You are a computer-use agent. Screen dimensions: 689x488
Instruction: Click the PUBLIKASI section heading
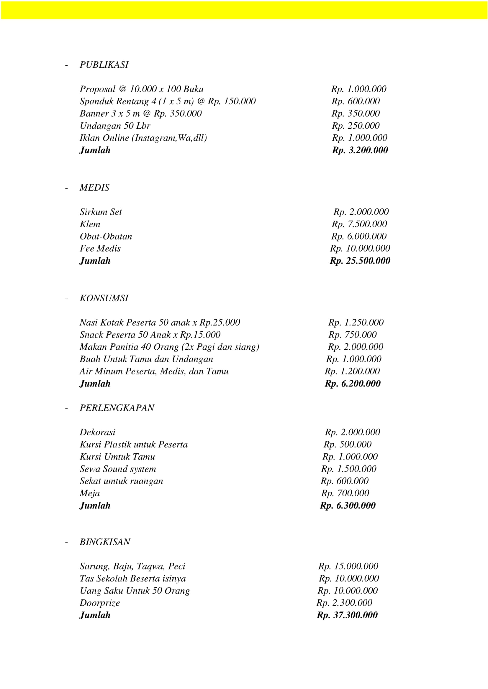click(x=104, y=65)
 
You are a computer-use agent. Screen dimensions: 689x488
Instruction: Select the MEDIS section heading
click(x=94, y=188)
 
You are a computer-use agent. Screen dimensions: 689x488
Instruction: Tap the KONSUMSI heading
click(x=104, y=298)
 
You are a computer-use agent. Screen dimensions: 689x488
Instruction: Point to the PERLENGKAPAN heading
click(x=117, y=408)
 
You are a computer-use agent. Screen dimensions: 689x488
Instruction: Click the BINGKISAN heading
click(x=105, y=542)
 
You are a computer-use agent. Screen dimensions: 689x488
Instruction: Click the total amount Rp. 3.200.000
click(x=360, y=150)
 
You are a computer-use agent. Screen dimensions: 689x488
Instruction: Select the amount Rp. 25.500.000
click(x=360, y=261)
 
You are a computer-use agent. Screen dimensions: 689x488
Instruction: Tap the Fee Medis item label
click(x=100, y=249)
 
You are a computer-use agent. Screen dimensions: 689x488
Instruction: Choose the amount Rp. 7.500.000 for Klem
click(x=359, y=224)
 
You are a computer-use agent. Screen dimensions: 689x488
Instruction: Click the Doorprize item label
click(x=100, y=603)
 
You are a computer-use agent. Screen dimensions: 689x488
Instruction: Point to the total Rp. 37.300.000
click(x=347, y=615)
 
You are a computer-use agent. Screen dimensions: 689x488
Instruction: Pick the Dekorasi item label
click(x=97, y=432)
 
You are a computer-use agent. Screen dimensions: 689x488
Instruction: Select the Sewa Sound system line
click(x=118, y=469)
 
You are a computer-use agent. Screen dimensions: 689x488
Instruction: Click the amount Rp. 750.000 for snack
click(x=353, y=335)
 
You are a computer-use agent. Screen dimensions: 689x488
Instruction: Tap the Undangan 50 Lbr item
click(x=115, y=126)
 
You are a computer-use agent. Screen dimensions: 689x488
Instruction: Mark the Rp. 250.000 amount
click(x=356, y=126)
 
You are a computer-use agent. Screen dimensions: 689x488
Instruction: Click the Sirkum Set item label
click(x=101, y=212)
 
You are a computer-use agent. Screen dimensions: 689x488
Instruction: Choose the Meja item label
click(x=90, y=493)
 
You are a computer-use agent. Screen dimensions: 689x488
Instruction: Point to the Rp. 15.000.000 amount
click(x=348, y=566)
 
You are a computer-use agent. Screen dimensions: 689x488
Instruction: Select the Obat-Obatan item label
click(x=106, y=237)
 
